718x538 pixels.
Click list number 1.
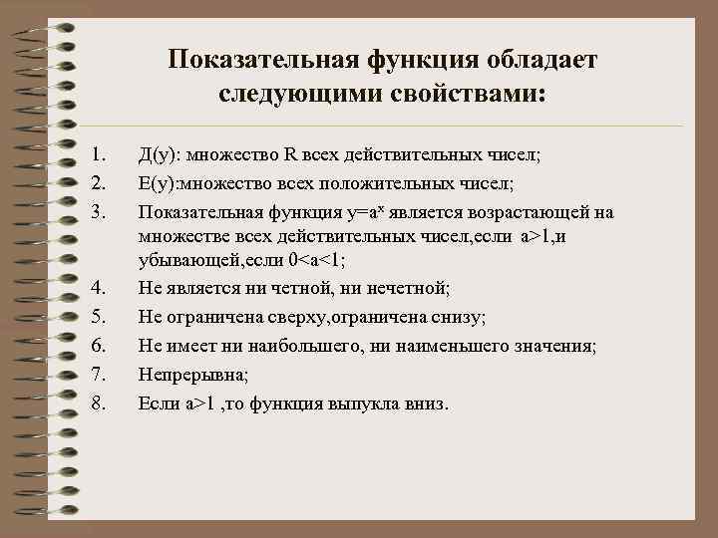97,155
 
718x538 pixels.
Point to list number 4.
97,289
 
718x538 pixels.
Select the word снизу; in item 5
456,318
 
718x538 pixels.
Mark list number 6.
97,347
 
